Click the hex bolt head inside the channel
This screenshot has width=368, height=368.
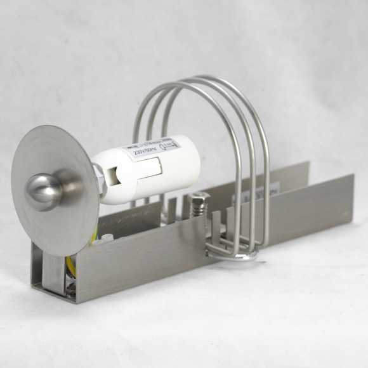tap(199, 199)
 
